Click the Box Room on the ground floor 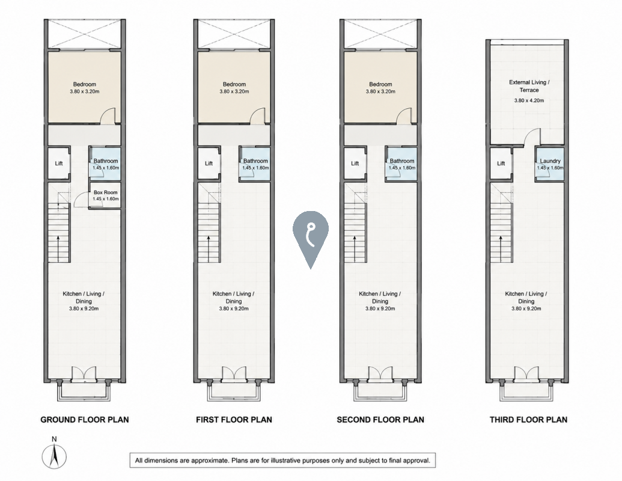(x=105, y=195)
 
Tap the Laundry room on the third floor (x=550, y=164)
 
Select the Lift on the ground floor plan (x=59, y=163)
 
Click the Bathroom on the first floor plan (x=255, y=164)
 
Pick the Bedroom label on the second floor (x=380, y=84)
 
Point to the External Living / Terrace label (x=529, y=86)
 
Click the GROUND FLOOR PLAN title (x=85, y=420)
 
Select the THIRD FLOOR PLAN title (x=528, y=420)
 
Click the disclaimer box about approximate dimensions (x=282, y=461)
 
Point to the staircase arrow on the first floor (x=209, y=248)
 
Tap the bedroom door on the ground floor (x=108, y=116)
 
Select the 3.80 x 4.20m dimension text (x=529, y=100)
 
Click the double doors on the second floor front (x=380, y=373)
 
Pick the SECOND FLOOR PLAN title (x=380, y=420)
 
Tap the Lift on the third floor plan (x=501, y=163)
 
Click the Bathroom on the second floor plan (x=401, y=164)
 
